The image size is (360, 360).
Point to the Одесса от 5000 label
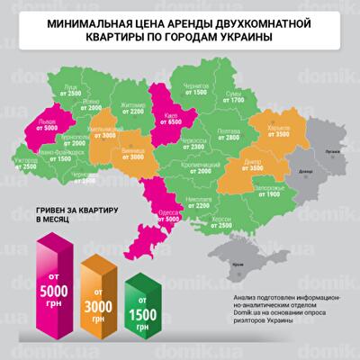(169, 214)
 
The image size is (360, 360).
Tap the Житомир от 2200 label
(131, 109)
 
